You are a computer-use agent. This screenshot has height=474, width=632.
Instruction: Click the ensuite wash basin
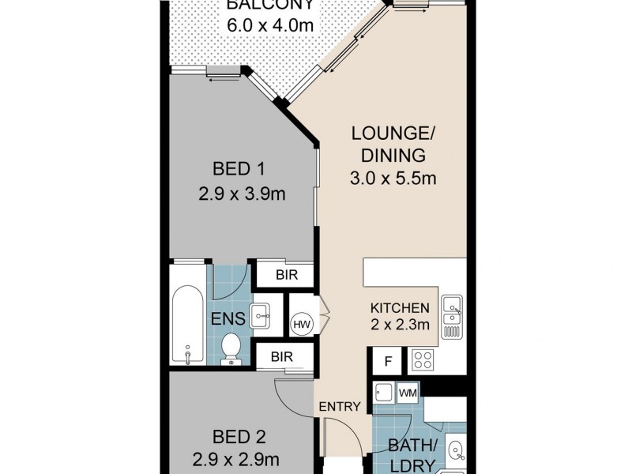pyautogui.click(x=261, y=315)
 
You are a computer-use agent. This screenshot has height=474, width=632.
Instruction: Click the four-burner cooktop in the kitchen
pyautogui.click(x=423, y=360)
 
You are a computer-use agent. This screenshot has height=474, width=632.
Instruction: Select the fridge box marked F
pyautogui.click(x=388, y=361)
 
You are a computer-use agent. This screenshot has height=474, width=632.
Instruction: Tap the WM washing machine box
pyautogui.click(x=408, y=392)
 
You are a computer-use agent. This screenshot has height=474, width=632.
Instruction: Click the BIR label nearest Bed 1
pyautogui.click(x=287, y=275)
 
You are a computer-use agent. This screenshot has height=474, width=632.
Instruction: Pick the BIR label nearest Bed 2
pyautogui.click(x=282, y=357)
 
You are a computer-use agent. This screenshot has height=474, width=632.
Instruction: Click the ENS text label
pyautogui.click(x=228, y=319)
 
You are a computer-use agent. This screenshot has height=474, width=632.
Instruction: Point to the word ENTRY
pyautogui.click(x=340, y=407)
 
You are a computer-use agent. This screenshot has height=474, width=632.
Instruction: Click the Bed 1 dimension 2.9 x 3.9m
pyautogui.click(x=242, y=194)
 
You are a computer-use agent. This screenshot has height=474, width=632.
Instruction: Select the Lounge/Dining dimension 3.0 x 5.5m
pyautogui.click(x=393, y=178)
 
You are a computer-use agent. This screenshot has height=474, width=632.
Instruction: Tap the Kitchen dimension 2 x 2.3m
pyautogui.click(x=400, y=324)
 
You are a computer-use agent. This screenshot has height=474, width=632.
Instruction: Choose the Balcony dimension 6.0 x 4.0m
pyautogui.click(x=270, y=25)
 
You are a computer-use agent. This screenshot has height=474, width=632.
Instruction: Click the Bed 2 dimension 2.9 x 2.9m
pyautogui.click(x=235, y=459)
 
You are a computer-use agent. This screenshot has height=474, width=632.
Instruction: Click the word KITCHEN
pyautogui.click(x=400, y=308)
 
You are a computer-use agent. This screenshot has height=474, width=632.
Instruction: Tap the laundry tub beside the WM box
pyautogui.click(x=384, y=393)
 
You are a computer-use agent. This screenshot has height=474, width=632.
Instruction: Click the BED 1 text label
pyautogui.click(x=239, y=168)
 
